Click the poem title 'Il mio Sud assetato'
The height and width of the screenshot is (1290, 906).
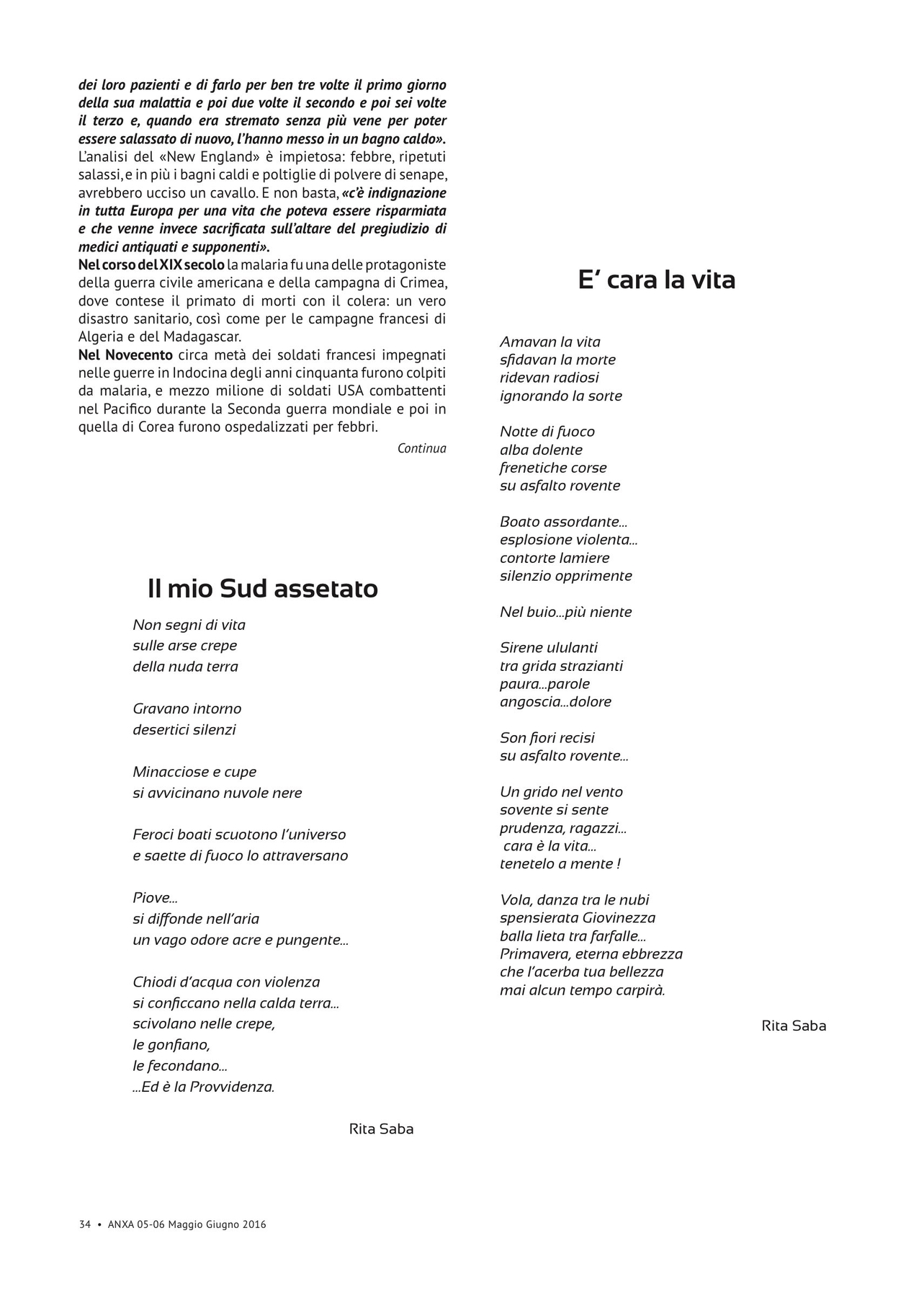(263, 589)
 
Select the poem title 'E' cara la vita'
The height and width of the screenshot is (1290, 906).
(656, 280)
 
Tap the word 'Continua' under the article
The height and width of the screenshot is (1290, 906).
(421, 448)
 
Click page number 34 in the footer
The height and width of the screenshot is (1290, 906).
(85, 1224)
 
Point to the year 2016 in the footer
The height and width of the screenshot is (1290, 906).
(254, 1224)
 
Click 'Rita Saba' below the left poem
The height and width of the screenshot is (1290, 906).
(381, 1129)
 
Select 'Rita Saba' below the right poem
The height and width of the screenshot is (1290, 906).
(794, 1026)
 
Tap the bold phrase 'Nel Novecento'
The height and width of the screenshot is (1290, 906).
(125, 355)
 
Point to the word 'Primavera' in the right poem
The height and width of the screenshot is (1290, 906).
(531, 954)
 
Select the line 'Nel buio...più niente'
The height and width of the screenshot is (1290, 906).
(565, 612)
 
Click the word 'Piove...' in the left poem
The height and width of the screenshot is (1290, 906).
(155, 898)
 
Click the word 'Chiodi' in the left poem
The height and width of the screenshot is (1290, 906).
(155, 982)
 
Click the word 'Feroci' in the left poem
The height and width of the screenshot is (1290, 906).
(153, 835)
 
